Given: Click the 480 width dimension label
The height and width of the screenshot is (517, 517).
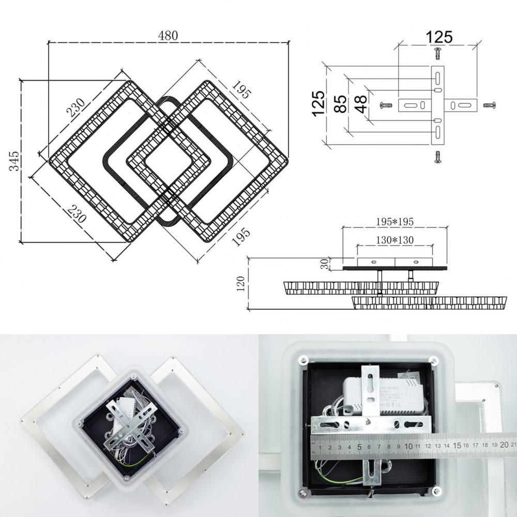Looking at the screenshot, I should point(168,36).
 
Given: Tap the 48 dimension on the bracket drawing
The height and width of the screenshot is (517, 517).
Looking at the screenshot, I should point(361,103).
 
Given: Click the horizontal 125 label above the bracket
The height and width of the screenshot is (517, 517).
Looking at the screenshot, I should point(439,37).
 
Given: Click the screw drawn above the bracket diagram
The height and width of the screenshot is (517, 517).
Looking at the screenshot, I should point(437,53).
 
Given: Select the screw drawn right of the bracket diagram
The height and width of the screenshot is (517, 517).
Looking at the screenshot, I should point(490,105).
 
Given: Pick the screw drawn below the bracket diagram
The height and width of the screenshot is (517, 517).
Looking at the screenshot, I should point(437,157).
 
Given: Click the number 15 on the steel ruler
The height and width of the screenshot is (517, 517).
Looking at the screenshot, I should point(457,445).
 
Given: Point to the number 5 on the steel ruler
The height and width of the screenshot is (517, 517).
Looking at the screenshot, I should point(359,446).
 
